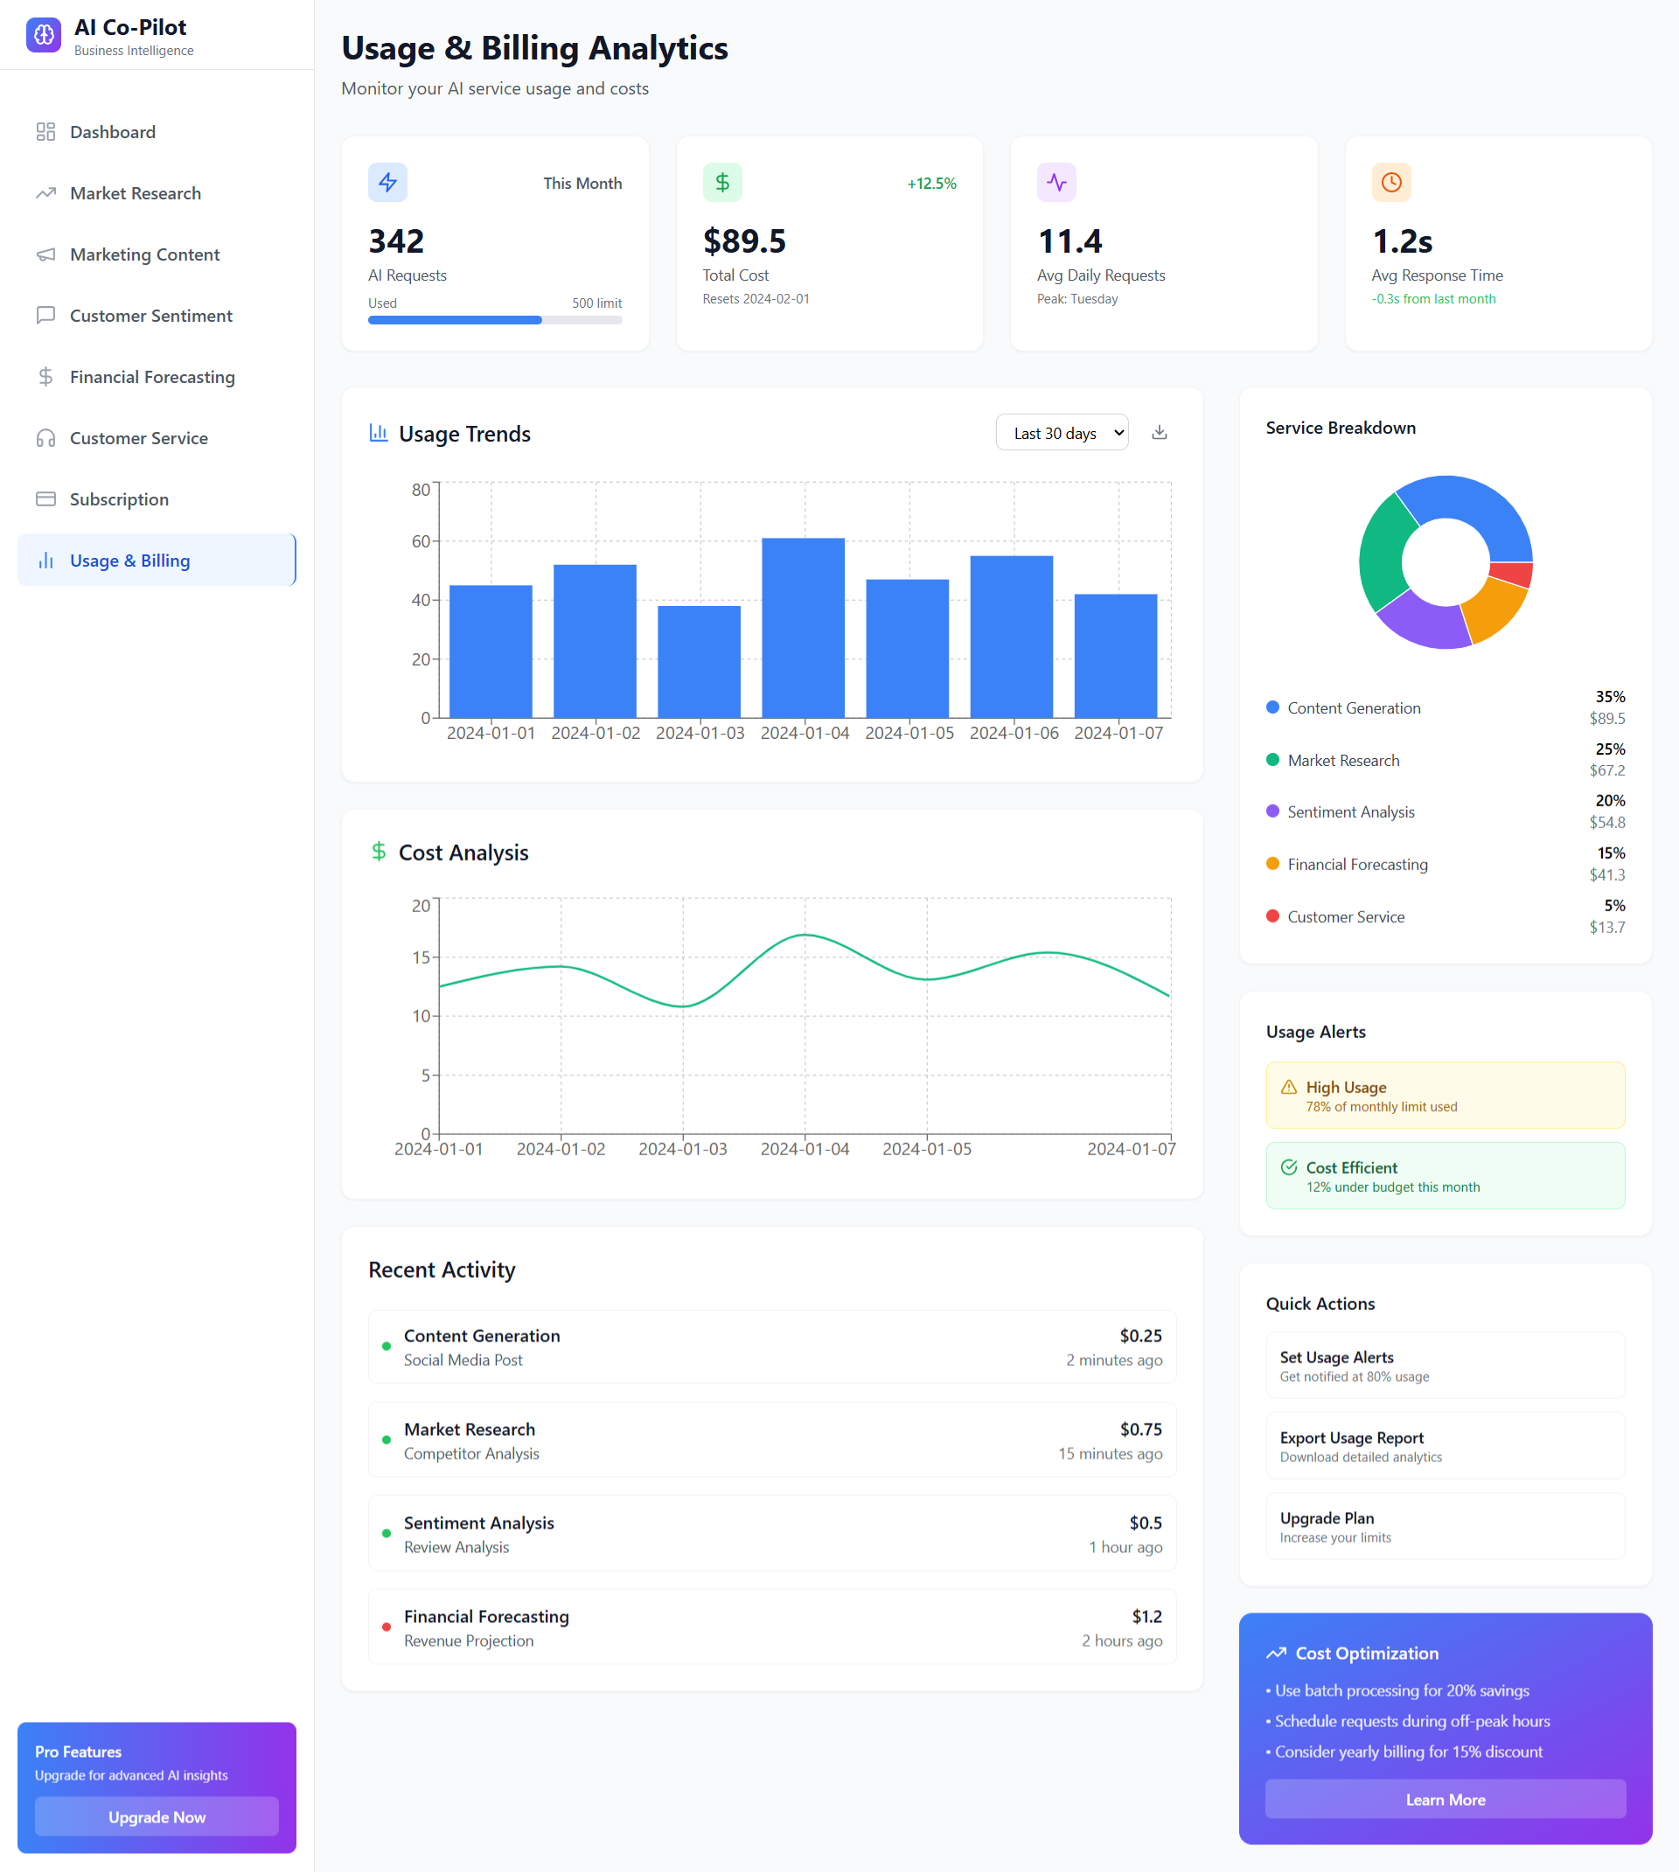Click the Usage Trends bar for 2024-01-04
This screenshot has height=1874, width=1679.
click(x=804, y=627)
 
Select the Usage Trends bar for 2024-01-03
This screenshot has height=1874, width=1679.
click(x=700, y=662)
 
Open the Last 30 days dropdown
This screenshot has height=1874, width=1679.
click(x=1062, y=433)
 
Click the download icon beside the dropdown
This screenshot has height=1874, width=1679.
click(x=1160, y=433)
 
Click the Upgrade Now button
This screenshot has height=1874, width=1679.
click(x=157, y=1817)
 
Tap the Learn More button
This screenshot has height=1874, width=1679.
click(x=1446, y=1800)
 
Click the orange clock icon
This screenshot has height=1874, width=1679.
click(x=1391, y=182)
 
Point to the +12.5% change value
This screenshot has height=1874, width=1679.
click(x=931, y=184)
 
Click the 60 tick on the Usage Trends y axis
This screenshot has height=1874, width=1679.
click(x=421, y=540)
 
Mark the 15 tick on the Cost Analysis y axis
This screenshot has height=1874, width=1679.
click(x=421, y=957)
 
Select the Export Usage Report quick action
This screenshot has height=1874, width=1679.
click(x=1446, y=1446)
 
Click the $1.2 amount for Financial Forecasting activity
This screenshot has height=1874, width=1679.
click(x=1146, y=1616)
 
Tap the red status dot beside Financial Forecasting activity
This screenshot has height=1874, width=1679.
click(x=387, y=1627)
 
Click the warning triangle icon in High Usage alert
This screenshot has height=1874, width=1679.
click(x=1289, y=1087)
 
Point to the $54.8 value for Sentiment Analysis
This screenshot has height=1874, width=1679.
click(x=1607, y=822)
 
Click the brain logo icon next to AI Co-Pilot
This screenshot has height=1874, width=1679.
click(x=44, y=35)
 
